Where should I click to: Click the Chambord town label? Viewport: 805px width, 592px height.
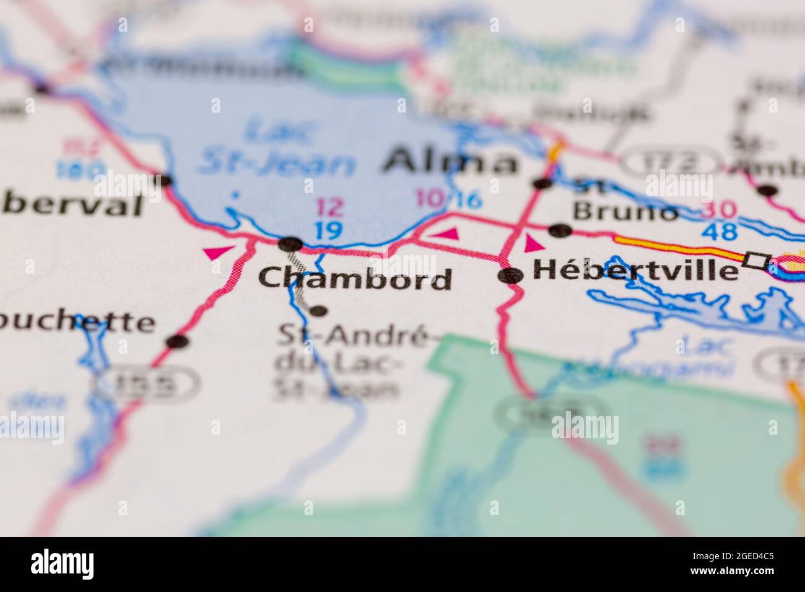pos(355,279)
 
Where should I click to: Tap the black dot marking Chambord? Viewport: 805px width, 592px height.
pos(290,244)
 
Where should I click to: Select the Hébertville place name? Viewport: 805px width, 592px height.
pos(635,269)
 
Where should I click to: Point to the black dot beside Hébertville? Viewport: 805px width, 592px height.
pos(511,276)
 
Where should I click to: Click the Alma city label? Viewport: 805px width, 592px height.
pos(450,162)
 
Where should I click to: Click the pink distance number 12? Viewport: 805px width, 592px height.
pos(329,207)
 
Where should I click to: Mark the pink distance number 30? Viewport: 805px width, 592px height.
pos(720,211)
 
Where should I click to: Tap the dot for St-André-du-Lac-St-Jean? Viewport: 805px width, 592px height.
pos(318,310)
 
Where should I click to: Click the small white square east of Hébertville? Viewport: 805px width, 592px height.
pos(756,260)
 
